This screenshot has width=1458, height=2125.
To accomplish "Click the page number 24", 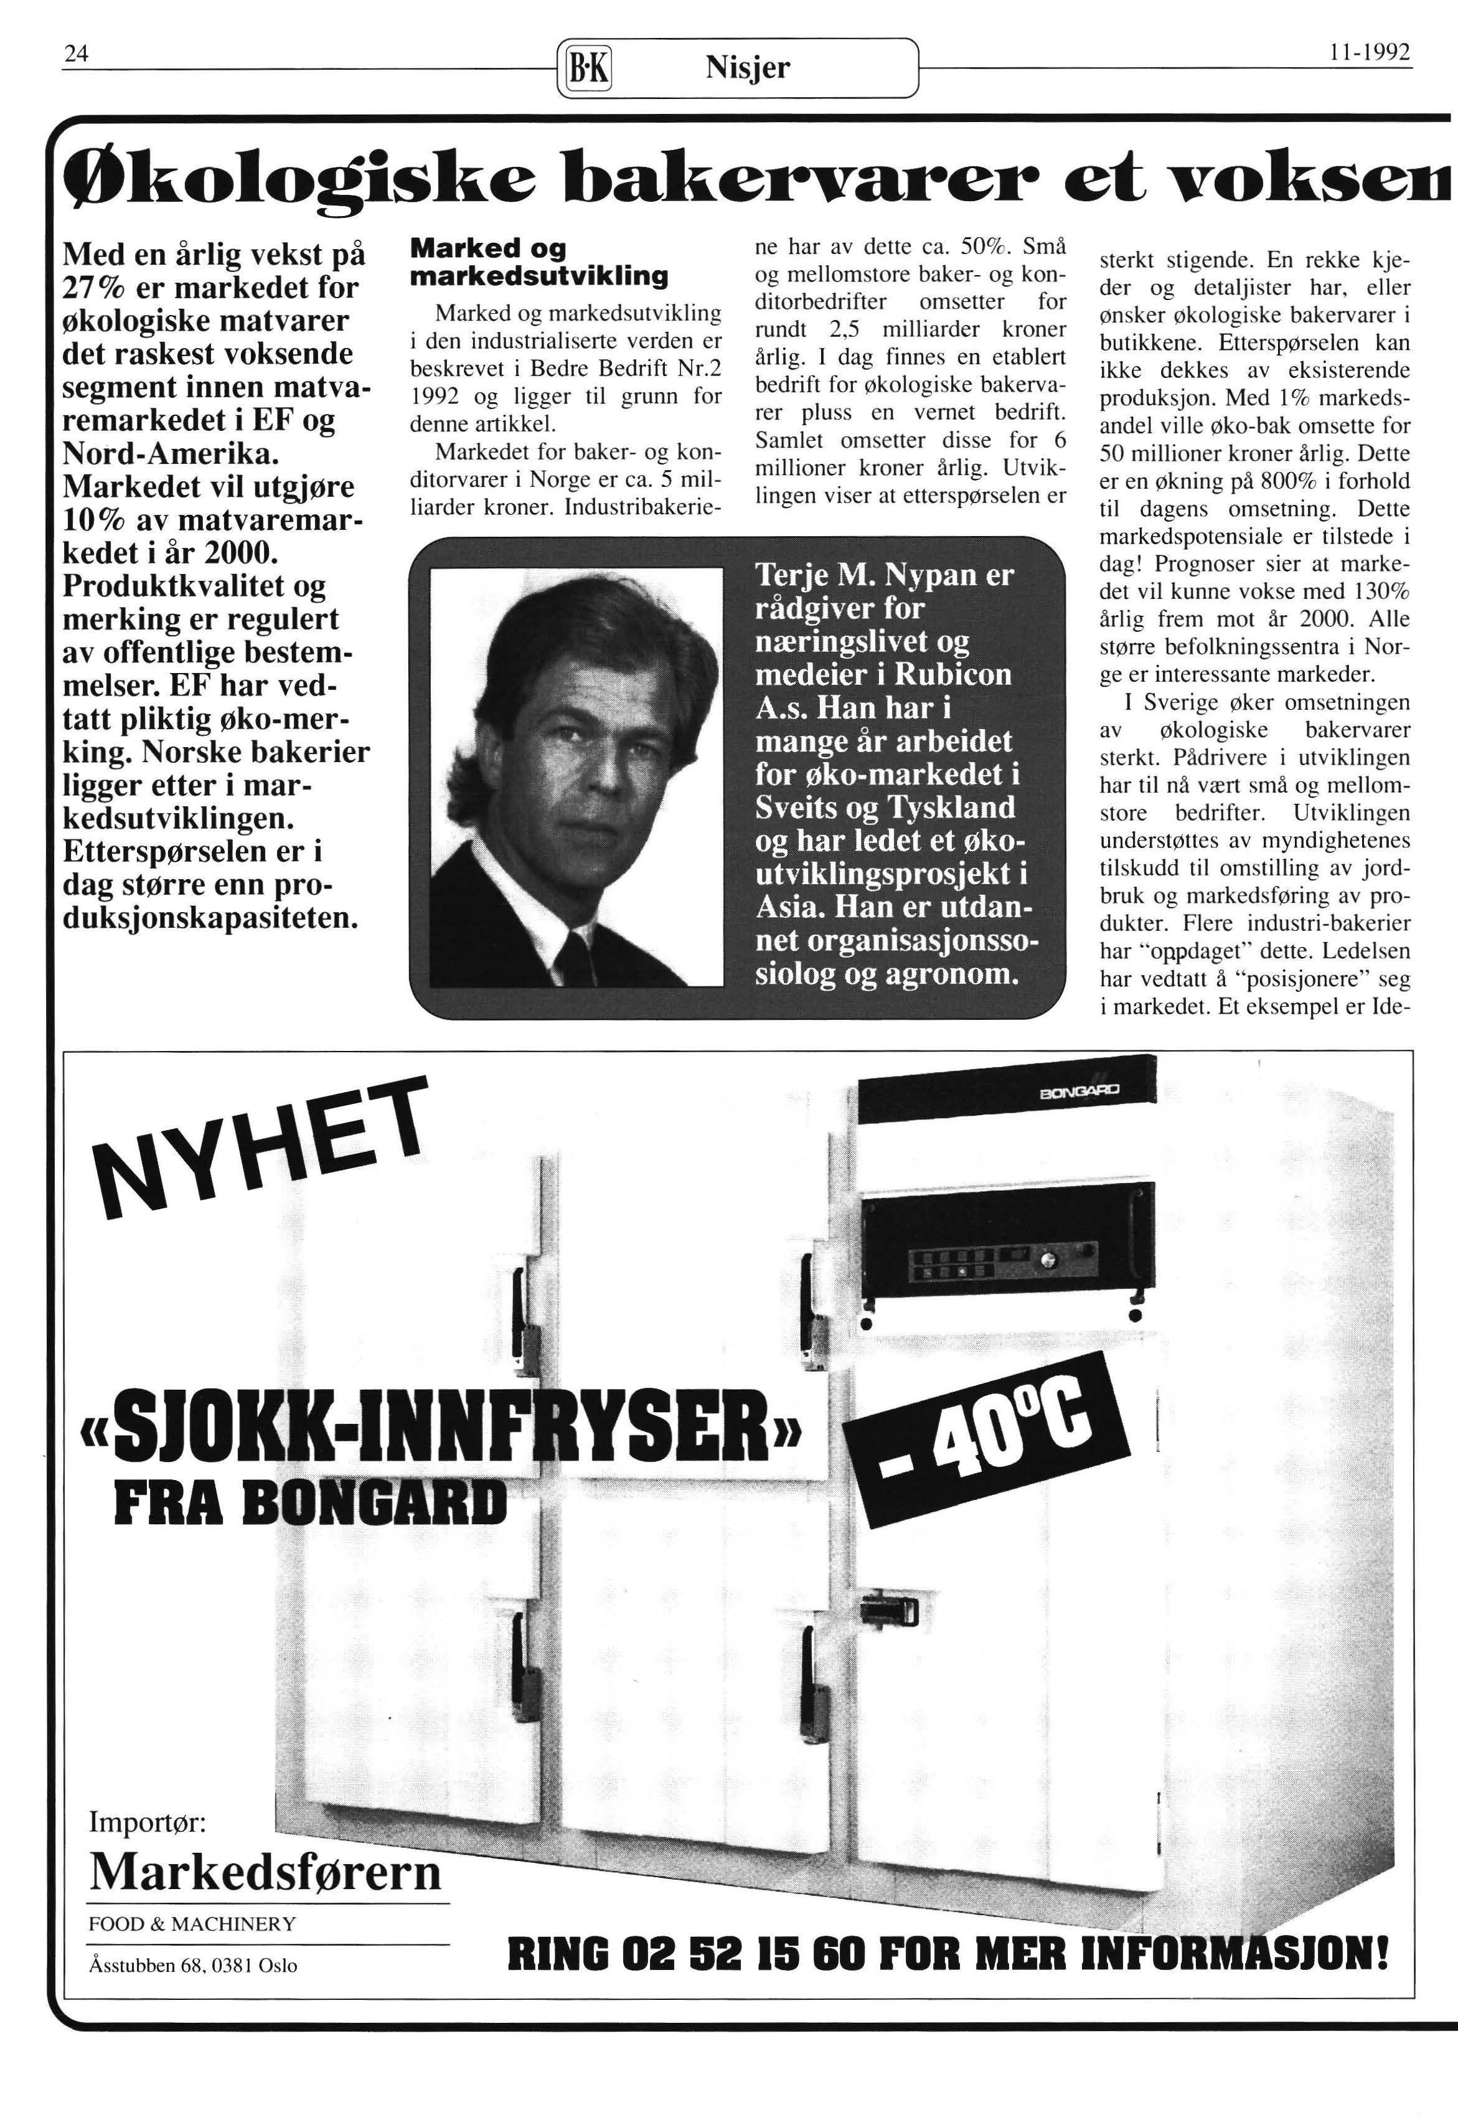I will (x=74, y=55).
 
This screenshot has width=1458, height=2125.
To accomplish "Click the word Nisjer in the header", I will (x=747, y=67).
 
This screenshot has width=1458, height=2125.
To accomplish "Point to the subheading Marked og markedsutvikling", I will (x=539, y=262).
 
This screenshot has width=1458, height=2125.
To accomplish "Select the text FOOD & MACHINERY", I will (x=192, y=1923).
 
